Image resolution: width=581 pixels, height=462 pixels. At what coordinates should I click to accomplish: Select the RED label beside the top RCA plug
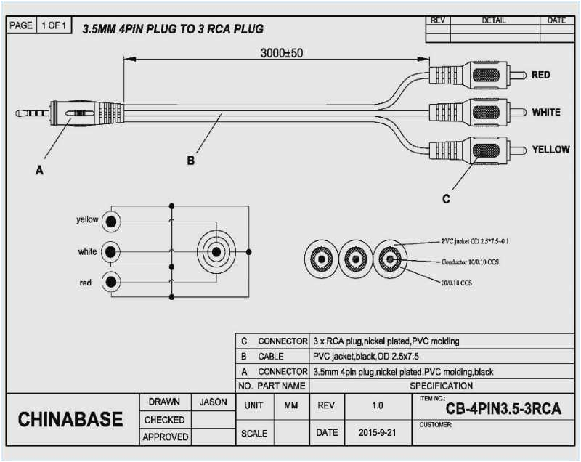[540, 75]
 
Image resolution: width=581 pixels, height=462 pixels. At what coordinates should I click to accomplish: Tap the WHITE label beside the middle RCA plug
[545, 113]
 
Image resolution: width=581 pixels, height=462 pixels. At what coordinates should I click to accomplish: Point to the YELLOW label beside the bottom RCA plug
[550, 149]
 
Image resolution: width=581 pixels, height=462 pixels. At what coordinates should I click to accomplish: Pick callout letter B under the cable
[190, 161]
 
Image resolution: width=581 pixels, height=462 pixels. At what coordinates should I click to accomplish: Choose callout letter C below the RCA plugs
[446, 198]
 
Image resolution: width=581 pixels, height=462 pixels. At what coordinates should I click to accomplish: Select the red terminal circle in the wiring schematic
[110, 282]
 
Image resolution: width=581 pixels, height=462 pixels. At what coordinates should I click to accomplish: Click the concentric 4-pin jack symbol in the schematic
[216, 252]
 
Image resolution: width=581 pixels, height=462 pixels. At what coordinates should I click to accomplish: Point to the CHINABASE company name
[70, 420]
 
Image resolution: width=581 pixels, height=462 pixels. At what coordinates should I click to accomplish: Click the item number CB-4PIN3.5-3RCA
[503, 409]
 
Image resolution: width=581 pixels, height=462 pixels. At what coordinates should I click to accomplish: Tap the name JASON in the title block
[212, 402]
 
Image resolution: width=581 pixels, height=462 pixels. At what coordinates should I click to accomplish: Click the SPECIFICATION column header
[441, 386]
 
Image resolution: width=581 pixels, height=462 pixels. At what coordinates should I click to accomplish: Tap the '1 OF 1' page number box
[54, 25]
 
